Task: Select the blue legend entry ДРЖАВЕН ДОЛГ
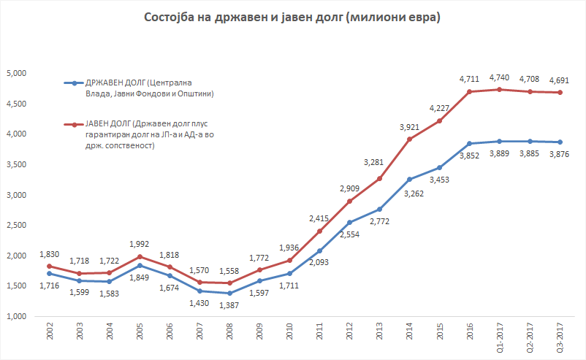tap(140, 88)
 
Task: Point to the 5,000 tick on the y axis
tap(15, 74)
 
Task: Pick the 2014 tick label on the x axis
tap(409, 333)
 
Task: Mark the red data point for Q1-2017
tap(499, 90)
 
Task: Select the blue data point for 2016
tap(468, 143)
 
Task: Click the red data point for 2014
tap(409, 139)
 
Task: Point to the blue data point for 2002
tap(49, 273)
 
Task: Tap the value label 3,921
tap(409, 126)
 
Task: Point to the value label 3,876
tap(559, 155)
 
